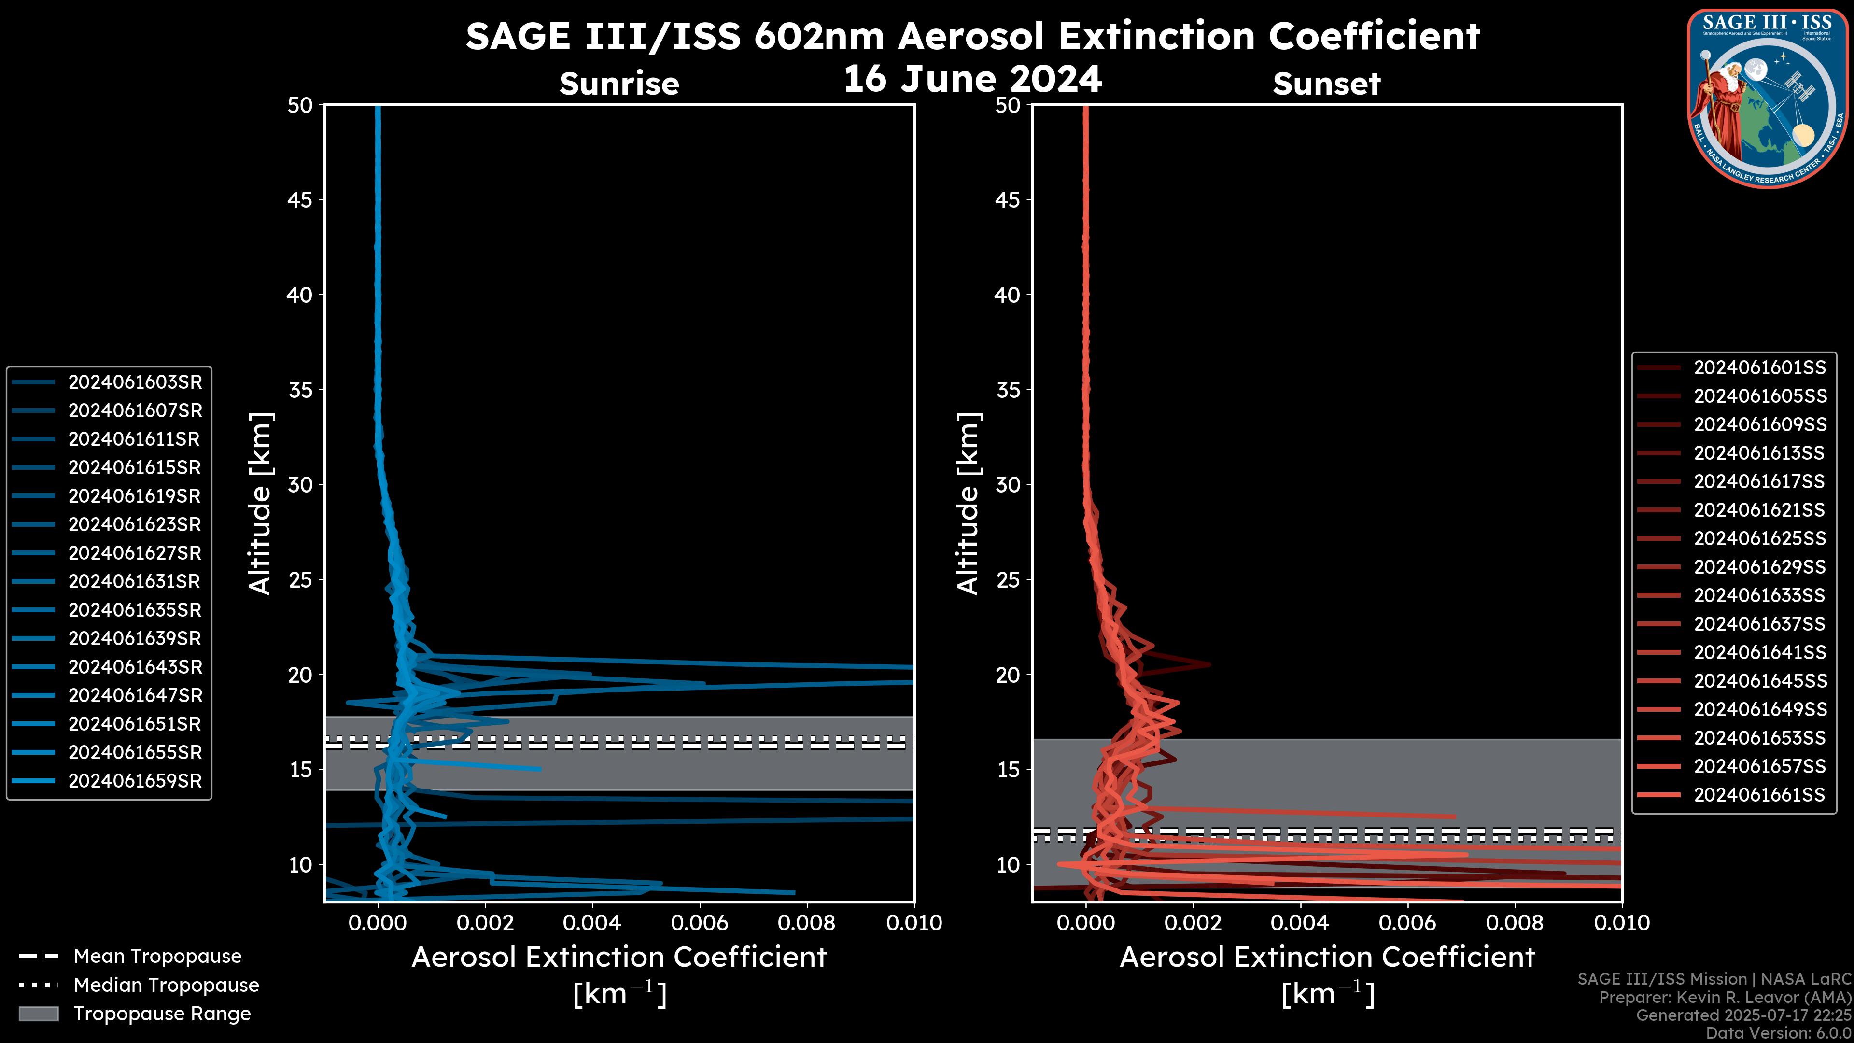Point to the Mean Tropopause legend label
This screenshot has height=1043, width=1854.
click(x=157, y=956)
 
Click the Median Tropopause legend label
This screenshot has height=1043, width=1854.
click(x=166, y=985)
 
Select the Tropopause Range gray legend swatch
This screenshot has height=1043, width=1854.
click(x=38, y=1014)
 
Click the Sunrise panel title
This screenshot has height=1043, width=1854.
click(x=619, y=84)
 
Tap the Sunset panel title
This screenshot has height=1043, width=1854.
click(x=1326, y=84)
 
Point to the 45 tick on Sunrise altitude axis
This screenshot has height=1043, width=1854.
click(x=300, y=199)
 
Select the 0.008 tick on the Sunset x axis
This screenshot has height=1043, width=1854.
click(x=1514, y=923)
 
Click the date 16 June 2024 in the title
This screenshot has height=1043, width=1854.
click(x=972, y=78)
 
